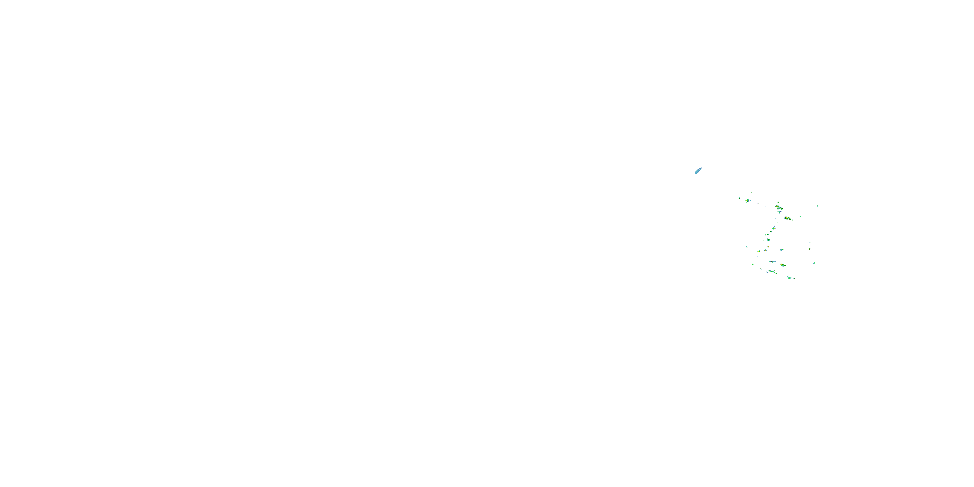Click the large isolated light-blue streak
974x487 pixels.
click(x=698, y=170)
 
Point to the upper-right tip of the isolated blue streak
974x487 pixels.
click(x=702, y=167)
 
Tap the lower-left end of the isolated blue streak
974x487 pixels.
click(x=695, y=174)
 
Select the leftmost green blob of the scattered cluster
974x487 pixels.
click(x=740, y=198)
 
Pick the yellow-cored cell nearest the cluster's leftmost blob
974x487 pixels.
click(x=748, y=201)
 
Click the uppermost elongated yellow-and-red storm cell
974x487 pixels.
click(x=779, y=207)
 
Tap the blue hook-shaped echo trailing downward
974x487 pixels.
click(x=780, y=213)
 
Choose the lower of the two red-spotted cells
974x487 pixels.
click(x=788, y=219)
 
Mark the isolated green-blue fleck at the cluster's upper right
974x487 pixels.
click(x=818, y=206)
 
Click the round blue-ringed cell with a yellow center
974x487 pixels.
click(x=769, y=240)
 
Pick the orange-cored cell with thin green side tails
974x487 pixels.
click(x=766, y=251)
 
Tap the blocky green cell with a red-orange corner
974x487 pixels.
click(x=759, y=251)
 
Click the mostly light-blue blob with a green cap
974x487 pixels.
click(x=781, y=250)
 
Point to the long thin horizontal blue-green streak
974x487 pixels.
click(x=773, y=262)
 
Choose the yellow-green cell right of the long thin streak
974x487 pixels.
click(x=783, y=265)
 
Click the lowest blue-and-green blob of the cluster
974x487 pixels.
click(x=789, y=278)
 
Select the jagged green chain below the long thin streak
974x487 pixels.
click(x=773, y=272)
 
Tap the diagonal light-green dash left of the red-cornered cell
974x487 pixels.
click(x=747, y=247)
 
